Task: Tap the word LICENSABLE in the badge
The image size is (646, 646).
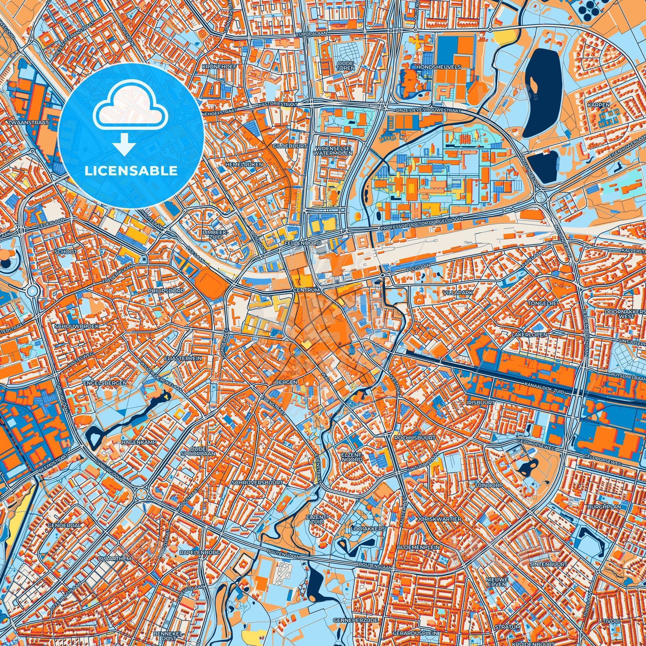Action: tap(131, 171)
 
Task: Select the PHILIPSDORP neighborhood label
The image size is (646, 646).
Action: tap(166, 291)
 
